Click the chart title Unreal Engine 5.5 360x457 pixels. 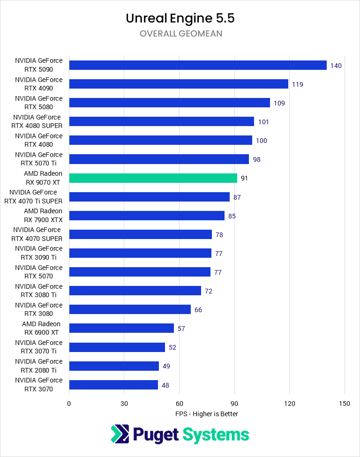(180, 18)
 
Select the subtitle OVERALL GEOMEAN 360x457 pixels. (180, 34)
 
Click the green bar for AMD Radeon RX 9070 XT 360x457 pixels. (153, 178)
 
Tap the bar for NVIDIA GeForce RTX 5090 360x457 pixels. (197, 65)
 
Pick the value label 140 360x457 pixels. (336, 66)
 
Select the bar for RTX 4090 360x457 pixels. (178, 84)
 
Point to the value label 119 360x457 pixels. (297, 84)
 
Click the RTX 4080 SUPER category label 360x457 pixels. (37, 121)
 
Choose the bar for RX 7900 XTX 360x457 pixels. (147, 216)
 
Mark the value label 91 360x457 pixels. (245, 178)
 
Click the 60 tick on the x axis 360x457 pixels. (179, 404)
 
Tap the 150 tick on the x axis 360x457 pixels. (345, 404)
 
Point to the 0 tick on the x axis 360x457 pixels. (69, 404)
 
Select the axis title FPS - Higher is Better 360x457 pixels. (207, 414)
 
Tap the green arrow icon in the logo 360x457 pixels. (120, 434)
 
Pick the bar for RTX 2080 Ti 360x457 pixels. (114, 366)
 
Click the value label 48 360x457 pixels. (165, 385)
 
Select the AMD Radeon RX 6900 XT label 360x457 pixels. (41, 328)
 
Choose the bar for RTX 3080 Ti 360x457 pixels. (135, 291)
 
